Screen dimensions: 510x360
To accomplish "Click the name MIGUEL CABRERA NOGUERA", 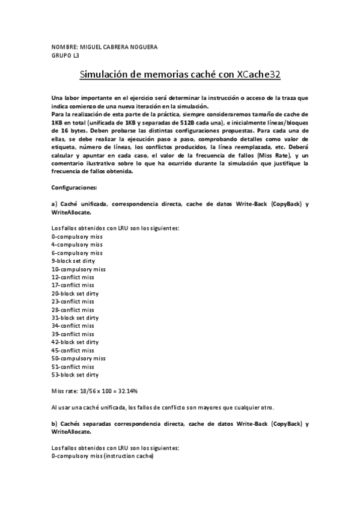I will tap(114, 47).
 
